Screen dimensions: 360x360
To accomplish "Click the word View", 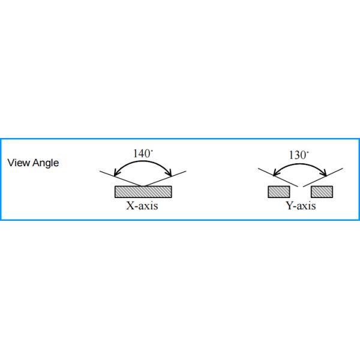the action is [16, 163].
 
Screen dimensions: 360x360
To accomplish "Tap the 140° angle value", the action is [142, 154].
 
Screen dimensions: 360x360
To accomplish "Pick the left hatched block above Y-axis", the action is [279, 192].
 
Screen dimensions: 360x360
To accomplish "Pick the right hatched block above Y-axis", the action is [322, 192].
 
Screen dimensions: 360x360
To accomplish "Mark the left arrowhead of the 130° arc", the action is [275, 176].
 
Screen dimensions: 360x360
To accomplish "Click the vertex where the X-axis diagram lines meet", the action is [143, 185].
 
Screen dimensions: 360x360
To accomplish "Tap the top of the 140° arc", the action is [143, 161].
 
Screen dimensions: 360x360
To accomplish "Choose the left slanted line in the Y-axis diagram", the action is [276, 177].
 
